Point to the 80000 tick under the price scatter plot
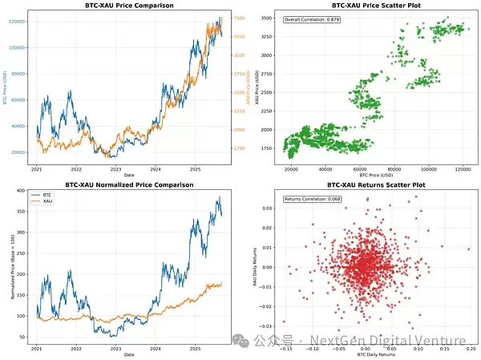(394, 170)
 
